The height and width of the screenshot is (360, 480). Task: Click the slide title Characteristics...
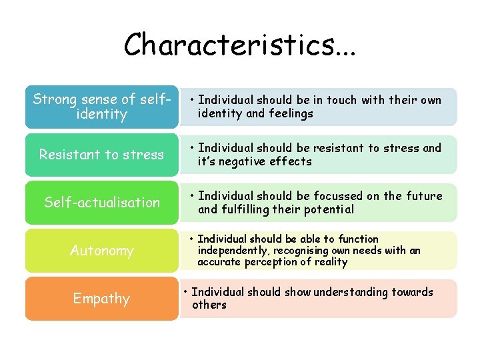(239, 44)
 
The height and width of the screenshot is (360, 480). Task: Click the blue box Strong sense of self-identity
(102, 107)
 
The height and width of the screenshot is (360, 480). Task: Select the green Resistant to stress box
(102, 155)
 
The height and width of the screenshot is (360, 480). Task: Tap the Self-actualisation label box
(102, 202)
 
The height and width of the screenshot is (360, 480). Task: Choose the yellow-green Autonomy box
(102, 251)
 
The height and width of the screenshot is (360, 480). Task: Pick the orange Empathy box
(102, 299)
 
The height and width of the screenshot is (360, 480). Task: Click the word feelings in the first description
(291, 113)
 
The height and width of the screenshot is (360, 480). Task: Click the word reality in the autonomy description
(330, 262)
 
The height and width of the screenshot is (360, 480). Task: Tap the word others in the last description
(209, 305)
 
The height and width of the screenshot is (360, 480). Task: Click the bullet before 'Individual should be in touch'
(191, 101)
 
